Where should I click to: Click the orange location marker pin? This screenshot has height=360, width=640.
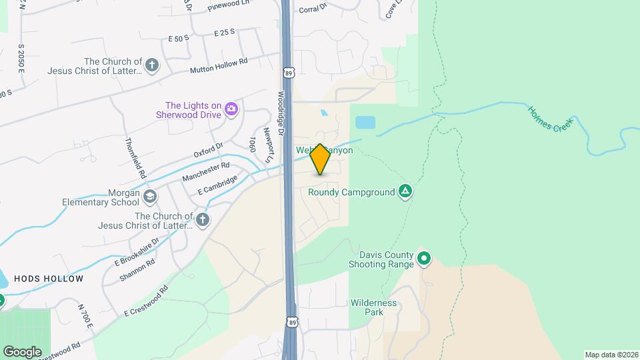click(x=320, y=159)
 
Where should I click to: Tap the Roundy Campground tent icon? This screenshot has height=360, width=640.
click(x=405, y=192)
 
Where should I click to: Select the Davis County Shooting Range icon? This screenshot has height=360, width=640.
click(x=423, y=258)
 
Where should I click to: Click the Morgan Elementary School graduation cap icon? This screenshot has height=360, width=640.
click(x=150, y=196)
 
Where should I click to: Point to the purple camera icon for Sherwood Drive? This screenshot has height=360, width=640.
click(x=231, y=108)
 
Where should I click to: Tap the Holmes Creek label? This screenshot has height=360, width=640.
click(x=551, y=117)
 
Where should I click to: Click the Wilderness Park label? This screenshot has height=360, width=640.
click(x=373, y=307)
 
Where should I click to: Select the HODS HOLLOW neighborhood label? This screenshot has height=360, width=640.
click(x=49, y=279)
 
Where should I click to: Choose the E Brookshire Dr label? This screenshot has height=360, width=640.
click(x=137, y=251)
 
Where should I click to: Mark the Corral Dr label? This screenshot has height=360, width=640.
click(x=313, y=9)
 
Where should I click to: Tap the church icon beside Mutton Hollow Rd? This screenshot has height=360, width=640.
click(x=152, y=65)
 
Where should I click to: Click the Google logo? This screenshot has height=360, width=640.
click(x=22, y=351)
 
